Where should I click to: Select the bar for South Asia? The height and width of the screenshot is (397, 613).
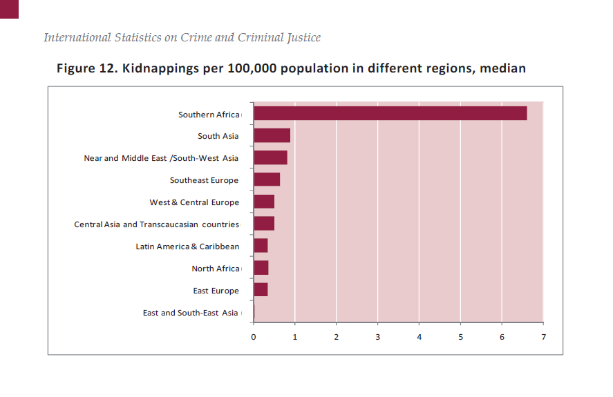coord(272,136)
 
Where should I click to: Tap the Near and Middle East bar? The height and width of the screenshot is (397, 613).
coord(270,158)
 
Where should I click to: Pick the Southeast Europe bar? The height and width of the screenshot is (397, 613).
coord(267,180)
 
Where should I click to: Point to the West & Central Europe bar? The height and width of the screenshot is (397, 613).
coord(264,202)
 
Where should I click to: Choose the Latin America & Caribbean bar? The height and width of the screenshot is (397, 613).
coord(261,246)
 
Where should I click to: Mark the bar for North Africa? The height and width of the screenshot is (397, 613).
coord(261,268)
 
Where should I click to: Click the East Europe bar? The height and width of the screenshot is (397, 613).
coord(261,290)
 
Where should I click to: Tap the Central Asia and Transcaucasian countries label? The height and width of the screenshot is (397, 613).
coord(156,224)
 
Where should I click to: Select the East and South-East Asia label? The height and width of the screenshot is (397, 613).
coord(190,313)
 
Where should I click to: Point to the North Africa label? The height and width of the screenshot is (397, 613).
coord(215,269)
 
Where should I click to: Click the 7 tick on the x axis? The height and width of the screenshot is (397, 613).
coord(543,337)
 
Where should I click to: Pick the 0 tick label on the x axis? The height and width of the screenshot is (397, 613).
coord(254,337)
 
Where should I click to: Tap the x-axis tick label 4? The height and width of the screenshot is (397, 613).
coord(419,337)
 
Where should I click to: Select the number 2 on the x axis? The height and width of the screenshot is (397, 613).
coord(337,337)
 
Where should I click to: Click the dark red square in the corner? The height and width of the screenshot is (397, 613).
coord(9,8)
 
